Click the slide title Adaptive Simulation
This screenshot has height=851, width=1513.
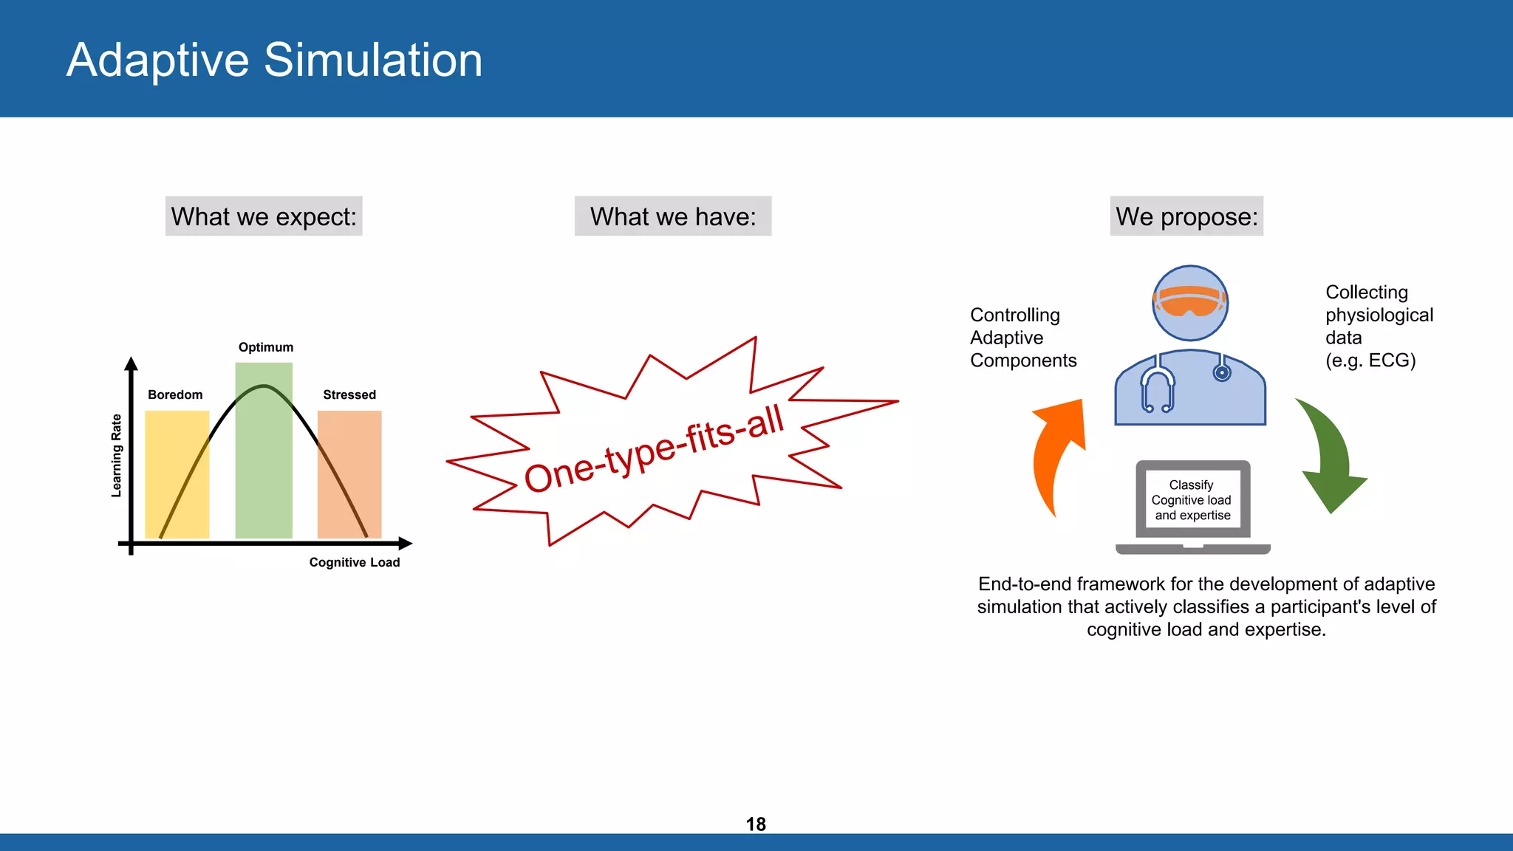pos(274,60)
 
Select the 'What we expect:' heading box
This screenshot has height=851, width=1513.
pos(264,216)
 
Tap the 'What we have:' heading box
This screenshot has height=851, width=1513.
pos(673,216)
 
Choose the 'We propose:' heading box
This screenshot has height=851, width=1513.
pos(1186,216)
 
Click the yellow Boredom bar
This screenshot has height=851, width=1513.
pos(176,473)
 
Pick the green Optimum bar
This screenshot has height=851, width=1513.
pos(264,458)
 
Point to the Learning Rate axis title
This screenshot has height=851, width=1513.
pos(116,455)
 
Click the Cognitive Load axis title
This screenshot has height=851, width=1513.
pos(354,562)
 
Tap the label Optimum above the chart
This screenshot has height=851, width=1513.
pos(266,347)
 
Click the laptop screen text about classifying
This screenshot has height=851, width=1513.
pos(1192,500)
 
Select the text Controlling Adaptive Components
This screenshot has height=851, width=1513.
pos(1022,338)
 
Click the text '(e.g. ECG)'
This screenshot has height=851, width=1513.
pos(1370,360)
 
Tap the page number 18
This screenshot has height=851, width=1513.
pos(756,824)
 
